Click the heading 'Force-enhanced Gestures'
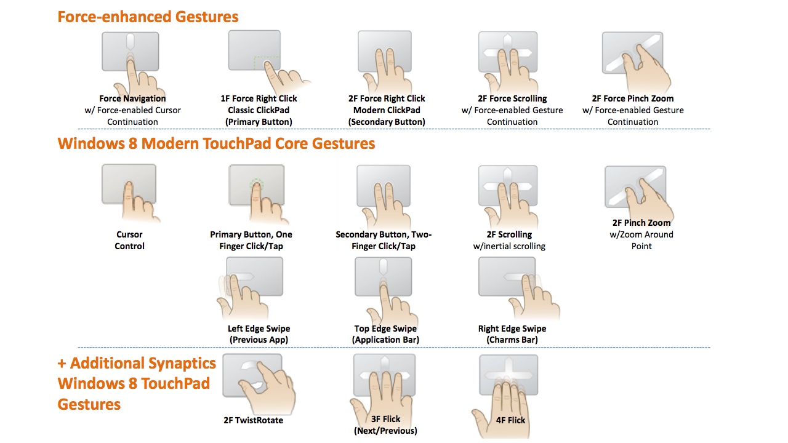pyautogui.click(x=148, y=17)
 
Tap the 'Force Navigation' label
pyautogui.click(x=132, y=98)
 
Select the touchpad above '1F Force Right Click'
pyautogui.click(x=254, y=50)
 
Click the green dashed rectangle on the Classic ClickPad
pyautogui.click(x=267, y=63)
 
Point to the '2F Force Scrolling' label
pyautogui.click(x=512, y=98)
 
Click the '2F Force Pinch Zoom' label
pyautogui.click(x=633, y=98)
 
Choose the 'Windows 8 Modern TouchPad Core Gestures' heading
pyautogui.click(x=216, y=143)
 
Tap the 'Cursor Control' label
pyautogui.click(x=129, y=240)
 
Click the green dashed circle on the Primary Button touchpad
pyautogui.click(x=257, y=185)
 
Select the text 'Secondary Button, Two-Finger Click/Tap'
pyautogui.click(x=384, y=240)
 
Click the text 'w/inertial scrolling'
pyautogui.click(x=509, y=246)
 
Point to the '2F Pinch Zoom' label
pyautogui.click(x=641, y=223)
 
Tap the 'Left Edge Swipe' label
pyautogui.click(x=259, y=329)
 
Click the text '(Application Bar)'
pyautogui.click(x=385, y=340)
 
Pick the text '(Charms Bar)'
pyautogui.click(x=512, y=340)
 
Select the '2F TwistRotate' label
pyautogui.click(x=253, y=420)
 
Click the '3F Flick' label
pyautogui.click(x=385, y=419)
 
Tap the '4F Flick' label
pyautogui.click(x=510, y=420)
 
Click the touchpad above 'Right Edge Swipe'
pyautogui.click(x=507, y=276)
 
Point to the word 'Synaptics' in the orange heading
pyautogui.click(x=180, y=364)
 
